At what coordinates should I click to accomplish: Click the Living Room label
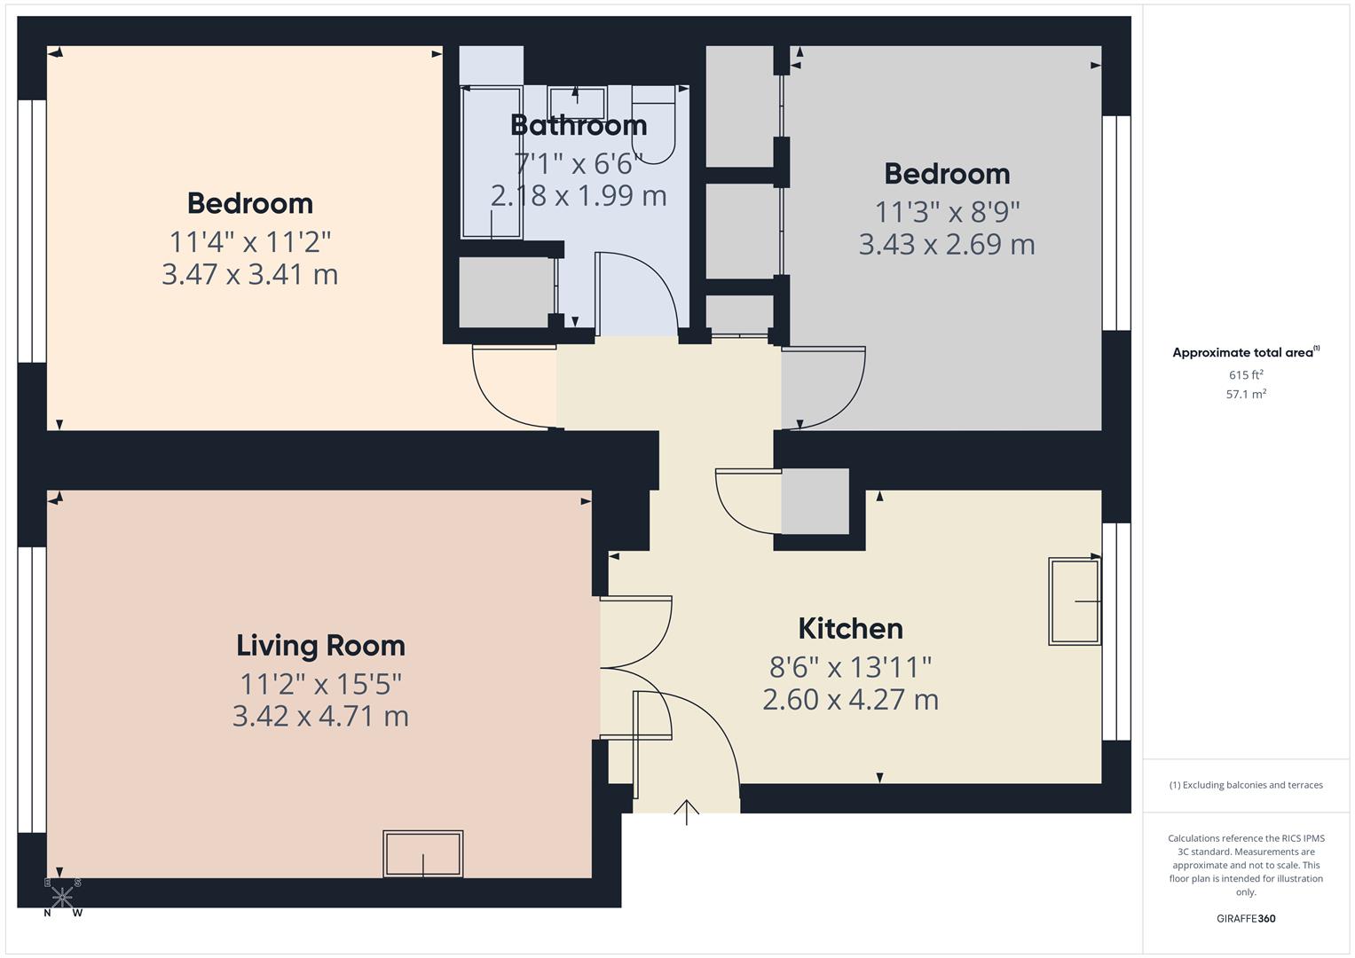point(320,646)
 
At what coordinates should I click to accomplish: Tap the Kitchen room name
point(850,629)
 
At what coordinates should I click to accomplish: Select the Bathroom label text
point(579,125)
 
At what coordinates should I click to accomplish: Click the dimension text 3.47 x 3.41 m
point(249,274)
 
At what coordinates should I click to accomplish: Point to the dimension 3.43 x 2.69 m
point(947,244)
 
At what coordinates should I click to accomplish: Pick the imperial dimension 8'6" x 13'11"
point(850,665)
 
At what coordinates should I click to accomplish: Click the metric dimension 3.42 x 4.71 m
point(320,716)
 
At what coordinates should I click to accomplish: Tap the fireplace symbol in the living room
point(422,853)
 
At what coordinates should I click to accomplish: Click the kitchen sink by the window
point(1074,601)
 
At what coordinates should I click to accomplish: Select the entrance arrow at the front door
point(687,811)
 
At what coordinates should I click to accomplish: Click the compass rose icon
point(62,897)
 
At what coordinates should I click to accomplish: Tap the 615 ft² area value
point(1246,375)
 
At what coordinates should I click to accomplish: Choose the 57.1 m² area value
point(1246,395)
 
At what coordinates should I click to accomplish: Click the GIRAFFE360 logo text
point(1246,919)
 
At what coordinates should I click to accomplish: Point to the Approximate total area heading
point(1244,353)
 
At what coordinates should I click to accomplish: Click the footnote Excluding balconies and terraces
point(1246,785)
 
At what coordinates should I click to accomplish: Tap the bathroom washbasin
point(576,103)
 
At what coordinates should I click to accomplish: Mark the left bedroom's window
point(32,231)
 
